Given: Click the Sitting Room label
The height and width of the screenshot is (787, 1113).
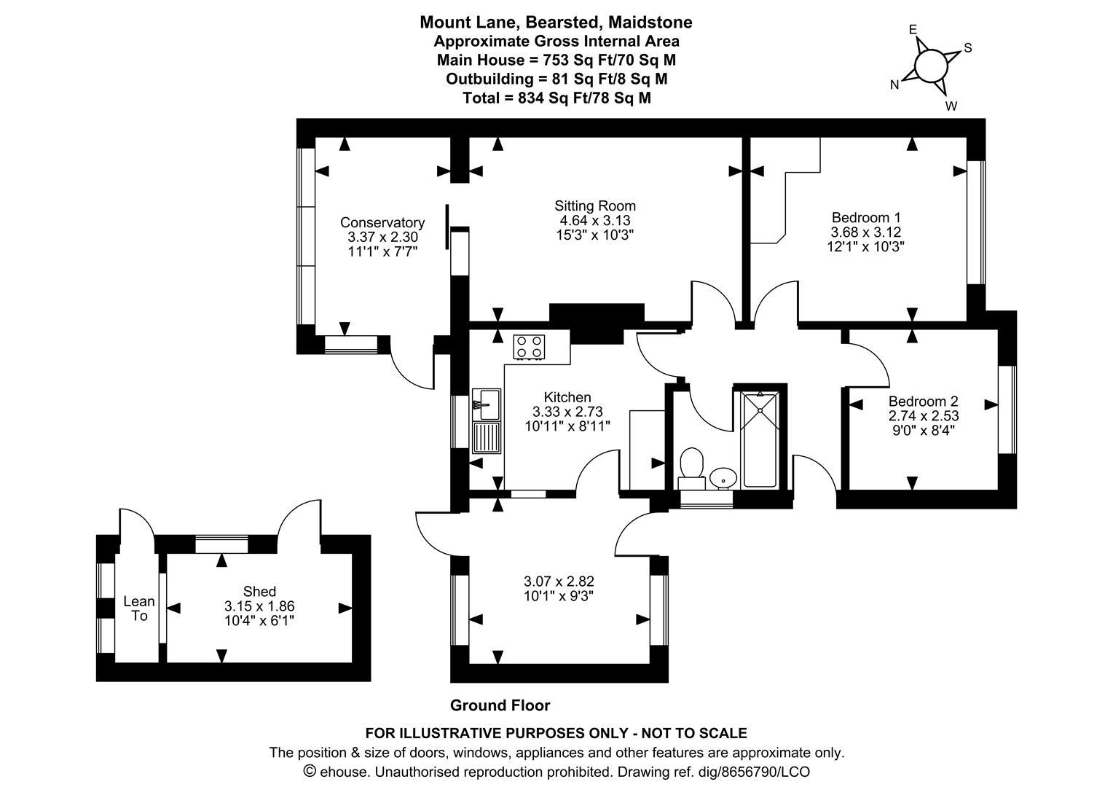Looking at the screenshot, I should pyautogui.click(x=594, y=206).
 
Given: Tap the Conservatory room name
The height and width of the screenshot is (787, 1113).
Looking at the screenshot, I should pyautogui.click(x=382, y=223).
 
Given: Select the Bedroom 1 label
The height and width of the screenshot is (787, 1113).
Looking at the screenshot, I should pyautogui.click(x=866, y=217).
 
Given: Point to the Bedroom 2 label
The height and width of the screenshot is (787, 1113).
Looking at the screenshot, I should pyautogui.click(x=923, y=402).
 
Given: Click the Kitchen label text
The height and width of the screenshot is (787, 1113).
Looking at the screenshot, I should pyautogui.click(x=567, y=397).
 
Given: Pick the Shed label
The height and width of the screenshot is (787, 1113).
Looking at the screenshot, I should pyautogui.click(x=259, y=591).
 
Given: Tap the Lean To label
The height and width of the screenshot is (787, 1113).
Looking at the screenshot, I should pyautogui.click(x=138, y=608).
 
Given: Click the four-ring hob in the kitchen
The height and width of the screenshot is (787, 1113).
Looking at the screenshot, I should pyautogui.click(x=529, y=347).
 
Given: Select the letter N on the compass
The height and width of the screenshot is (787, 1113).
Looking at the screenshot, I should pyautogui.click(x=894, y=85).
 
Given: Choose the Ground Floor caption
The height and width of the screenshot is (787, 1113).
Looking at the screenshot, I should pyautogui.click(x=500, y=705).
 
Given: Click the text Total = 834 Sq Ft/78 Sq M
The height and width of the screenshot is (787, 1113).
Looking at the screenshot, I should pyautogui.click(x=556, y=98).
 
